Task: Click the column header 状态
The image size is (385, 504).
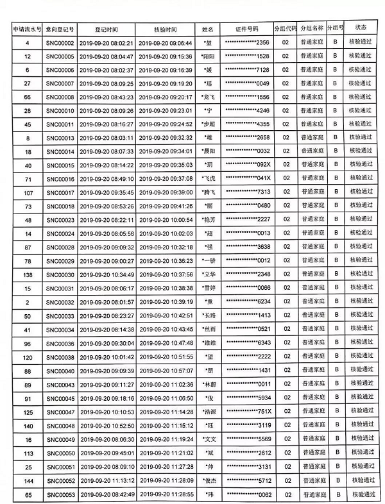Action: [x=361, y=28]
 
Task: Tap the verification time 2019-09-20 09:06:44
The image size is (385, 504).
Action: [x=165, y=43]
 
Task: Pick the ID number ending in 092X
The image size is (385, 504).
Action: [x=247, y=165]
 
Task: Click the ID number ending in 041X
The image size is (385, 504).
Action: [x=247, y=179]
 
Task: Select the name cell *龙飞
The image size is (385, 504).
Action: [x=207, y=97]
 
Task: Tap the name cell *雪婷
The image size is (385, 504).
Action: [x=207, y=288]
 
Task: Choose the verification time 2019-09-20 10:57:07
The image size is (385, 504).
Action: [x=165, y=371]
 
